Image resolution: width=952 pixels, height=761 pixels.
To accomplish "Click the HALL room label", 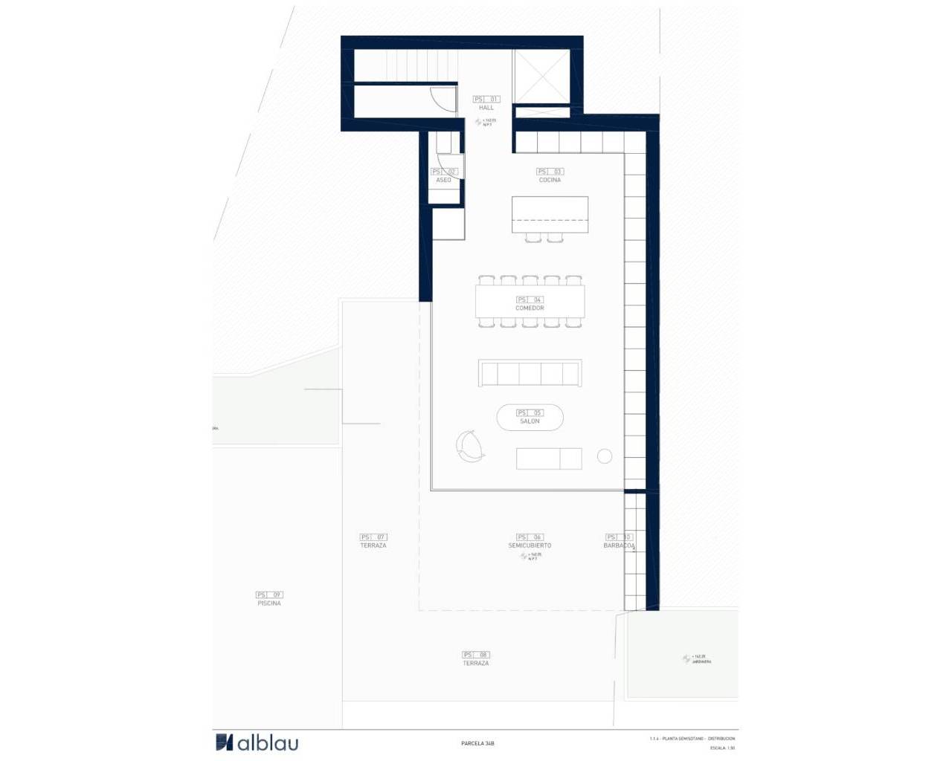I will (486, 108).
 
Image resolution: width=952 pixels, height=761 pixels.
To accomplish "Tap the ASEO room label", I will (443, 180).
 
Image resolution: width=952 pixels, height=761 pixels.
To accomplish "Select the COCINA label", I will (550, 180).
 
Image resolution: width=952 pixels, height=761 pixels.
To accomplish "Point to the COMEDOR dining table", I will (530, 302).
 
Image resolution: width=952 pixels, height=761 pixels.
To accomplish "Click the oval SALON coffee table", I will (530, 417).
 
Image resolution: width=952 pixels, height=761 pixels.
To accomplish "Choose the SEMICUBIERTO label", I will (530, 545).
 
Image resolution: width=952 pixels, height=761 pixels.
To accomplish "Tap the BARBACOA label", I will (619, 545).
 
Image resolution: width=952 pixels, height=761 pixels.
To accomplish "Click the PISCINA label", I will (269, 603).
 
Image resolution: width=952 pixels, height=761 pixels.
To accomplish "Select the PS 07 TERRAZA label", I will (373, 545).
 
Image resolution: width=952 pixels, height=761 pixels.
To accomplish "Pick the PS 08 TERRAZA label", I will (476, 663).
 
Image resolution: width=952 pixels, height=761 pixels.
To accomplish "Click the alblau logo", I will (257, 742).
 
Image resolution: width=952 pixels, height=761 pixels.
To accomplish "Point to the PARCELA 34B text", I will (477, 743).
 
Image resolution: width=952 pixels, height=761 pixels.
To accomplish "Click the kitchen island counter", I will (550, 214).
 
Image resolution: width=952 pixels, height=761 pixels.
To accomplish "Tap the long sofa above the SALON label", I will (530, 373).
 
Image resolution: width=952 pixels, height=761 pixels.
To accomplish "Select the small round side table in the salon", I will (605, 456).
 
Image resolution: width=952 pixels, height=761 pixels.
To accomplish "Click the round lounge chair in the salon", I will (471, 447).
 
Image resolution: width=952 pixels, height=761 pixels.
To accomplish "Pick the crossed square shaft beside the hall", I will (541, 77).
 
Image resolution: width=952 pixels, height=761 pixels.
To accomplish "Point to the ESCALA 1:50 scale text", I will (722, 748).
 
